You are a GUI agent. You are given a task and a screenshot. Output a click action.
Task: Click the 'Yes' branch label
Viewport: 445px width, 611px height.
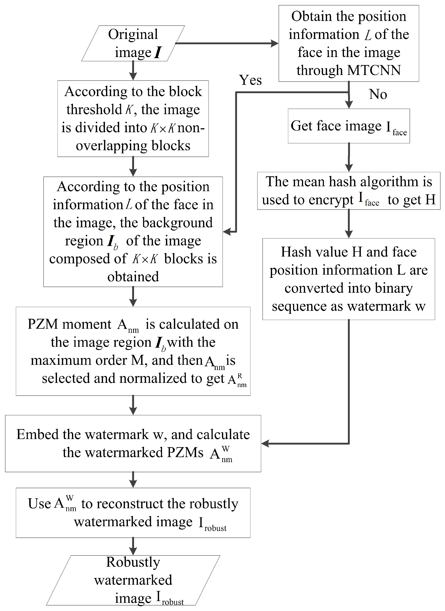click(x=250, y=80)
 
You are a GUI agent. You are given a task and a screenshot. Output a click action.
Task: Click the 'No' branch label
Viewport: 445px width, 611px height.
click(x=378, y=94)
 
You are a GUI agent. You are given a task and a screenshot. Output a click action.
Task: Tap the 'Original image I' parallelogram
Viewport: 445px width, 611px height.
click(x=133, y=43)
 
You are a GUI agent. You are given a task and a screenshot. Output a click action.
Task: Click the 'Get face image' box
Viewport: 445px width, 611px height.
click(x=349, y=126)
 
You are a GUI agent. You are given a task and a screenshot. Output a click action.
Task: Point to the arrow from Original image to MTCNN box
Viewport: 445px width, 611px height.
click(x=226, y=43)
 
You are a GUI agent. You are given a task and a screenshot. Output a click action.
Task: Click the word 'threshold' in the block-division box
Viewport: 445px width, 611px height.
click(x=94, y=110)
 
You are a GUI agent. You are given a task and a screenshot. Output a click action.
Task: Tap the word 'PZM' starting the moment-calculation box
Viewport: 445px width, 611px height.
click(x=42, y=324)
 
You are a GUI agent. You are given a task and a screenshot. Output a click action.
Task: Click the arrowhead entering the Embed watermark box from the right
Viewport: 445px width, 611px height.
click(x=265, y=443)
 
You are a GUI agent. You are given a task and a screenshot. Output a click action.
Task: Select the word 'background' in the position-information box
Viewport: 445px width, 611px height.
click(x=177, y=223)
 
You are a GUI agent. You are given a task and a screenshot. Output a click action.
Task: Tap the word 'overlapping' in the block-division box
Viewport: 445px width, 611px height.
click(x=111, y=146)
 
